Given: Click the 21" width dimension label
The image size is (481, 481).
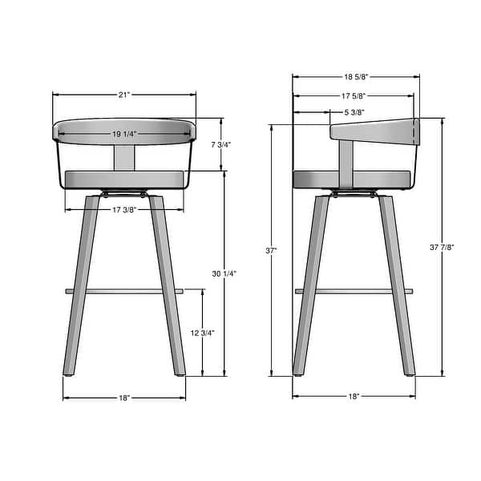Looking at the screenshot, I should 124,95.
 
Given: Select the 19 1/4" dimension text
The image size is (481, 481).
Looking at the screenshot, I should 124,134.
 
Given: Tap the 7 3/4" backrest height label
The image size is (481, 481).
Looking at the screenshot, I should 222,144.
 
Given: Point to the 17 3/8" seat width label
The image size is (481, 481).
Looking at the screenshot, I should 123,210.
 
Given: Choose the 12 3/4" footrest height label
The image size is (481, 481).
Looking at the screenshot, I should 204,333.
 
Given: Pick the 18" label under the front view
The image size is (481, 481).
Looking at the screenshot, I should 124,397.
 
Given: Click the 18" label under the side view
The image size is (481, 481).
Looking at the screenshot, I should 354,397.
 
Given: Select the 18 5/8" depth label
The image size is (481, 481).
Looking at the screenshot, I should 355,78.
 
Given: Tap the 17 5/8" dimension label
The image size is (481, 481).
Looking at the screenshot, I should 354,96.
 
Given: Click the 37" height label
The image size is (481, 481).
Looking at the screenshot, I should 273,251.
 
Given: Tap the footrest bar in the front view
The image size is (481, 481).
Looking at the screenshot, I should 124,291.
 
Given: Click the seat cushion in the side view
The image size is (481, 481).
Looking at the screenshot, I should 353,178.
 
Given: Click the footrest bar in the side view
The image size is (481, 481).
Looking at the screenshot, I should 354,291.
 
